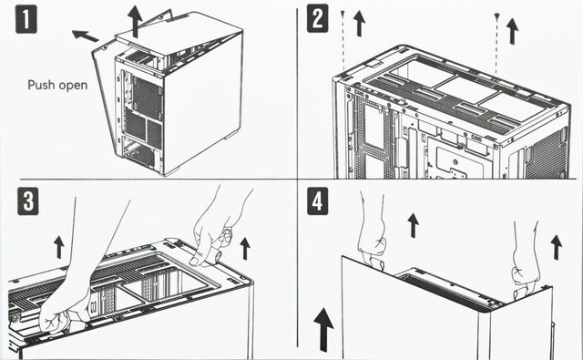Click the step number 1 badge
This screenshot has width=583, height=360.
[26, 19]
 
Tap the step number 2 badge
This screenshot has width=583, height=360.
[318, 18]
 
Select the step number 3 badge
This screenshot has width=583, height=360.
[28, 201]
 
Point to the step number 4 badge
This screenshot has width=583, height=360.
[318, 201]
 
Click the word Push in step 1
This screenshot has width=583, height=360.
[41, 85]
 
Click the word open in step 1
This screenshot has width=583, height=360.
[73, 86]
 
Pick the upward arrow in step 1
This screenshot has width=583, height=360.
[135, 22]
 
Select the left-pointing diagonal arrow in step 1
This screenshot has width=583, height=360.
[85, 36]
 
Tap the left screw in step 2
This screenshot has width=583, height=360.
[343, 14]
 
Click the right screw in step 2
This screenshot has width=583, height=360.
[496, 16]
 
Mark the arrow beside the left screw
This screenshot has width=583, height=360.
[359, 24]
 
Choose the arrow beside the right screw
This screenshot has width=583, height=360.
[512, 31]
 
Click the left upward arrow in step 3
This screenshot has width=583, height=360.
[58, 247]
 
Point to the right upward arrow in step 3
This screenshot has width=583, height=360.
[245, 249]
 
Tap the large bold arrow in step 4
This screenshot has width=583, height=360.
[323, 330]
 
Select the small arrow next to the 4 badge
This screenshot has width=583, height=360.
[413, 225]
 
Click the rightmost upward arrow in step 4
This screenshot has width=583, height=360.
[557, 247]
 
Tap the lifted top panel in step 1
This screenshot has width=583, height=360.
[179, 36]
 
